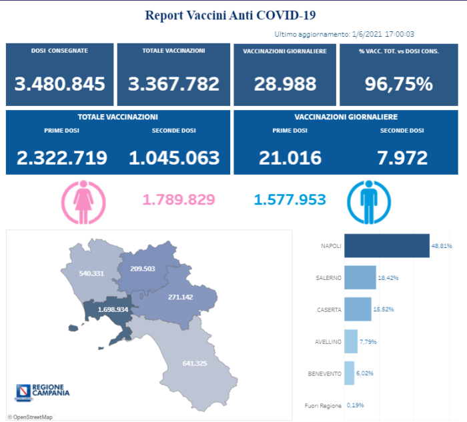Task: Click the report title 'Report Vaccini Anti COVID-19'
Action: (x=230, y=15)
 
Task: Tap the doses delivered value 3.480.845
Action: (x=60, y=84)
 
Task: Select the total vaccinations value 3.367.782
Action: (x=173, y=84)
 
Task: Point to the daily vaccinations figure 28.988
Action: (x=284, y=84)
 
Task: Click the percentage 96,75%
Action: (x=398, y=84)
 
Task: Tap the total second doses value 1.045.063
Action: (x=174, y=158)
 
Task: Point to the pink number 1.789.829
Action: (x=179, y=199)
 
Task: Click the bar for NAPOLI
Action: (x=386, y=245)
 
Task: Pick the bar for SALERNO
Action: (x=360, y=277)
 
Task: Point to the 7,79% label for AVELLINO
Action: (x=368, y=341)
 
